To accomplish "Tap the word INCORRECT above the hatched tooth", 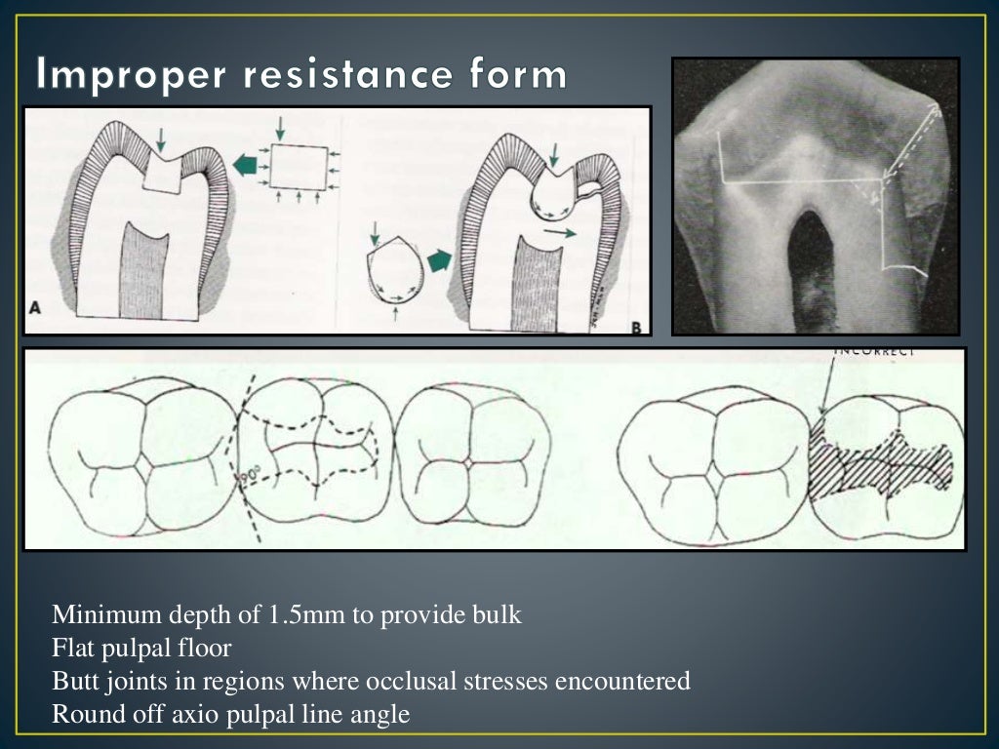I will point(875,353).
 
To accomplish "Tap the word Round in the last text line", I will point(81,714).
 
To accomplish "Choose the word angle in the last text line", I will point(381,714).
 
